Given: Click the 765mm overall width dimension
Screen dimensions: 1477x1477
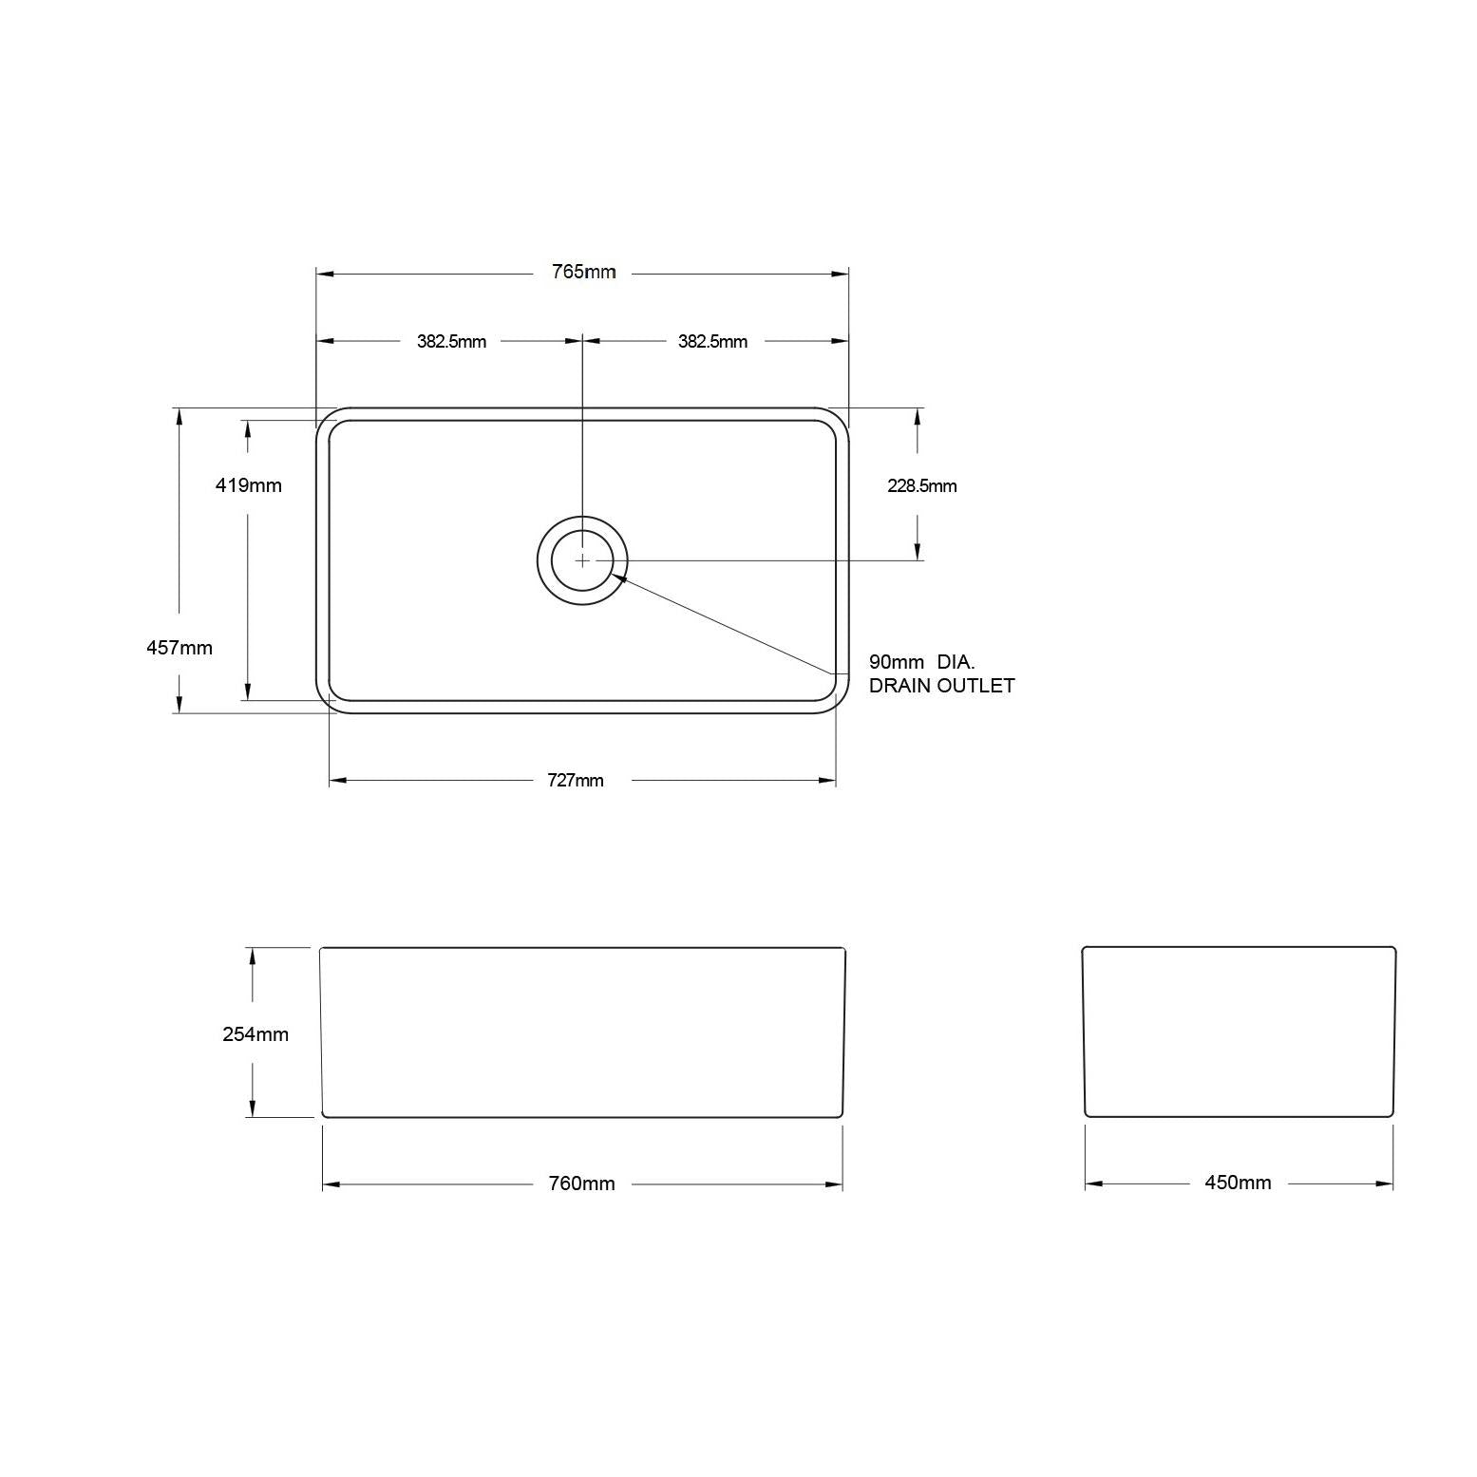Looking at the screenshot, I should coord(583,273).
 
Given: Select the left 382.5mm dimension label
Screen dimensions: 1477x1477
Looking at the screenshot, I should coord(451,342).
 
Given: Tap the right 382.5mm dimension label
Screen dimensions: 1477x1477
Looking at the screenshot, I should coord(712,342).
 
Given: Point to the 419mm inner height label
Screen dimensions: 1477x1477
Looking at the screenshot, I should coord(249,485).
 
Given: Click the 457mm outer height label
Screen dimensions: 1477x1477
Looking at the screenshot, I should coord(180,648).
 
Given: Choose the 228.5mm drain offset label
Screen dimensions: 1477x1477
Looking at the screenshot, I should coord(921,486).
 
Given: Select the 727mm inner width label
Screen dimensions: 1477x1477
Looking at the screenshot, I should coord(576,781).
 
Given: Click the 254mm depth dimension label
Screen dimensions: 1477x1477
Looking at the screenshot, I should coord(256,1034).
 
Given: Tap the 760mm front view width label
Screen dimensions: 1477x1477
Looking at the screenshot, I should coord(581,1183).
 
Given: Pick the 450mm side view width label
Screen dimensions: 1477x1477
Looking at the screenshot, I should coord(1238,1183).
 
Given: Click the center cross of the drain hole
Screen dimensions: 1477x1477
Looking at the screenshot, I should coord(582,560).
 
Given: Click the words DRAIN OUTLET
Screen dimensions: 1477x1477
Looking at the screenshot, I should coord(941,686).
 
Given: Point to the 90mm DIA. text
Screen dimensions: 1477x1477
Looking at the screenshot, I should coord(921,662).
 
